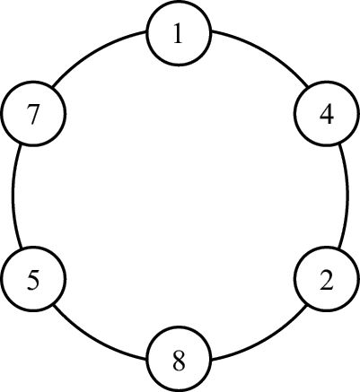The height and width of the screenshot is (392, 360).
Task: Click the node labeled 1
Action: [179, 33]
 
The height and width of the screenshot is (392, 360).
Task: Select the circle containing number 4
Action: [326, 114]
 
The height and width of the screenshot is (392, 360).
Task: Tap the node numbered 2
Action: [326, 279]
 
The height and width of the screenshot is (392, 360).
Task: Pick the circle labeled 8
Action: [179, 359]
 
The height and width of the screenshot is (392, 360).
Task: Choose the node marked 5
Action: [33, 279]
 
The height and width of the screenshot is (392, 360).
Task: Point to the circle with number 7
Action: [33, 114]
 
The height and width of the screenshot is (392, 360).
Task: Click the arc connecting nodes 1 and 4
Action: [265, 52]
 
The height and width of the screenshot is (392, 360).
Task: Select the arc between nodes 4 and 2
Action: [347, 196]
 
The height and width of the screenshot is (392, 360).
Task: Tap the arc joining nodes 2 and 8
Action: [265, 340]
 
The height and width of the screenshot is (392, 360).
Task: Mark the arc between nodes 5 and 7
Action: [13, 196]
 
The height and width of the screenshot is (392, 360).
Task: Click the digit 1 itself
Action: [179, 33]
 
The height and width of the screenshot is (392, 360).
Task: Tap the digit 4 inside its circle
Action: [327, 115]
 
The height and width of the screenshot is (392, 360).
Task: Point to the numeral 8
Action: [180, 360]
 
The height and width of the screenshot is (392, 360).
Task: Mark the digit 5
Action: [33, 280]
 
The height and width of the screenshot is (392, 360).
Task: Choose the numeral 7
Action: [33, 115]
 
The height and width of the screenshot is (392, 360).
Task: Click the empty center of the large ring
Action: [180, 196]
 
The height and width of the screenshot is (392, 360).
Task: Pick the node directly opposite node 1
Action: [179, 359]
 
